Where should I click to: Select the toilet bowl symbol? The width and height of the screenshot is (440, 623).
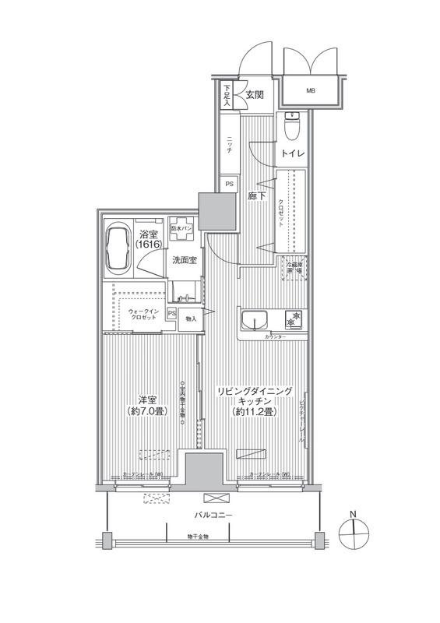pos(293,124)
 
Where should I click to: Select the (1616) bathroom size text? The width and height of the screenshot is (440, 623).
pos(148,244)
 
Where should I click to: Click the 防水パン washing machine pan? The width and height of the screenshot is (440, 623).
pos(183,231)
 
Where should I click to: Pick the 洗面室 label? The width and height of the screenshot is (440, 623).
pos(184,261)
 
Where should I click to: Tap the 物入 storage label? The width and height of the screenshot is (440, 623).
pos(189,319)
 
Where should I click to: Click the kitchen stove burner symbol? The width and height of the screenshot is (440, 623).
pos(294,319)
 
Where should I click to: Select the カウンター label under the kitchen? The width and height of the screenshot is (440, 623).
pos(274,338)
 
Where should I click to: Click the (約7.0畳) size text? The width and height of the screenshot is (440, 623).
pos(146,411)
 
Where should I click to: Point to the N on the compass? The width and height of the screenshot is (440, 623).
pos(353,515)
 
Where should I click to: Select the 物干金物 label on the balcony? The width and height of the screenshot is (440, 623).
pos(198,536)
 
